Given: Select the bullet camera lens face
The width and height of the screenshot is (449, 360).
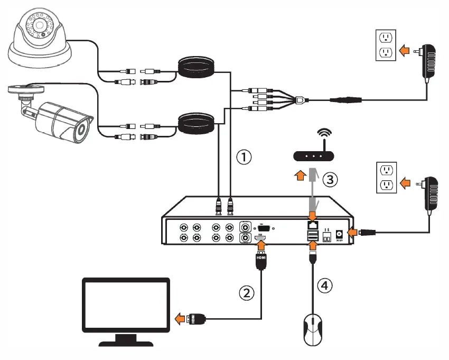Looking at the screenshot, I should click(x=81, y=131).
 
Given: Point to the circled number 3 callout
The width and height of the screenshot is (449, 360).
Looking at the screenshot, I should click(x=330, y=180).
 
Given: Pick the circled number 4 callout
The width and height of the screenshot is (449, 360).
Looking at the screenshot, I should click(x=325, y=285).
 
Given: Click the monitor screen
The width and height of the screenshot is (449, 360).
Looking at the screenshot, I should click(x=126, y=309).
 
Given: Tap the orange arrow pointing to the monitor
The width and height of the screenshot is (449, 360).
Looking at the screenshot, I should click(x=180, y=319).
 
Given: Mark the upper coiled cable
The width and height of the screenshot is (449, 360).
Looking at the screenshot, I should click(x=196, y=68).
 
